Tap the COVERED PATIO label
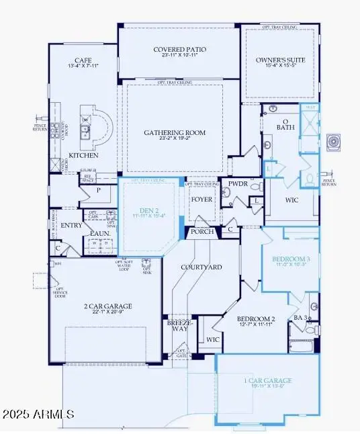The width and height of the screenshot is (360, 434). (x=179, y=50)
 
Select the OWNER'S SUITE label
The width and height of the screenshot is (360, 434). (x=281, y=60)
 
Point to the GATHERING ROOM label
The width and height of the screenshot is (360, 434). (x=175, y=133)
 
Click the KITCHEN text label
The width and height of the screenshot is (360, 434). (x=83, y=155)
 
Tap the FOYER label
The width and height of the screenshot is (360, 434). (x=200, y=199)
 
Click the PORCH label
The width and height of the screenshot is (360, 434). (x=202, y=232)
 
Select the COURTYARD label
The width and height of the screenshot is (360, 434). (x=201, y=267)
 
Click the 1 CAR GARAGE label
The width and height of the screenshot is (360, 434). (x=268, y=381)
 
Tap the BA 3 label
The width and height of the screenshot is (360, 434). (x=300, y=317)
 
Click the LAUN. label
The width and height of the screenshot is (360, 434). (x=101, y=233)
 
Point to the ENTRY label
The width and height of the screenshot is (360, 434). (x=71, y=226)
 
